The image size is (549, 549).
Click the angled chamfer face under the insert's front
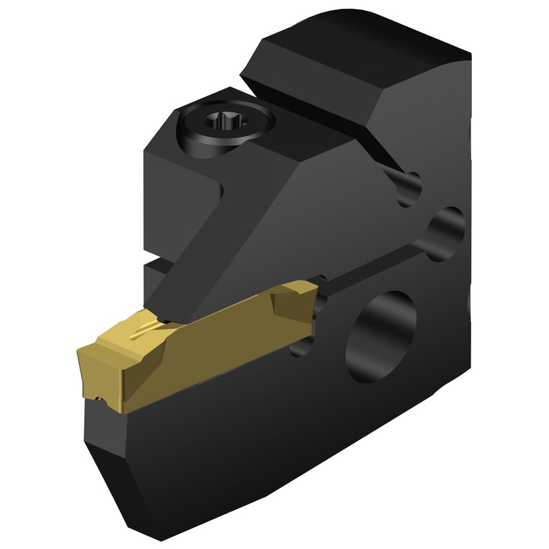coord(106,463)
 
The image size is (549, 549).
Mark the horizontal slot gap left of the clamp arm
coord(154,263)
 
